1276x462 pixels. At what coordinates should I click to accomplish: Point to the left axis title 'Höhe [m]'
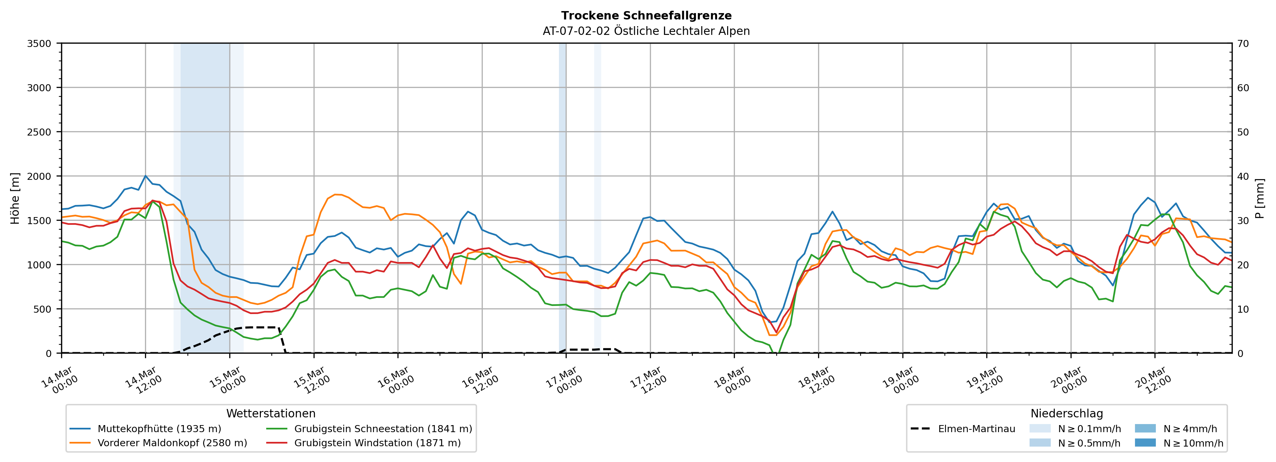pyautogui.click(x=15, y=198)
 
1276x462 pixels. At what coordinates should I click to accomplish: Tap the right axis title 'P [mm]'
pyautogui.click(x=1260, y=198)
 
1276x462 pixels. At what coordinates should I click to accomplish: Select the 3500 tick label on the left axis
pyautogui.click(x=39, y=44)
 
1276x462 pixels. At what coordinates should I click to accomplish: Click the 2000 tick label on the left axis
pyautogui.click(x=39, y=176)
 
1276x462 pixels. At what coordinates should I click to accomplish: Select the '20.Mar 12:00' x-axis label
pyautogui.click(x=1153, y=380)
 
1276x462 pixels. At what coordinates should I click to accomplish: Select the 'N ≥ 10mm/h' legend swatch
pyautogui.click(x=1145, y=443)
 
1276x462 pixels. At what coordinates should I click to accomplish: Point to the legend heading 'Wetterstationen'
pyautogui.click(x=271, y=413)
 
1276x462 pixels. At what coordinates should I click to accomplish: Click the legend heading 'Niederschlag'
pyautogui.click(x=1067, y=413)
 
